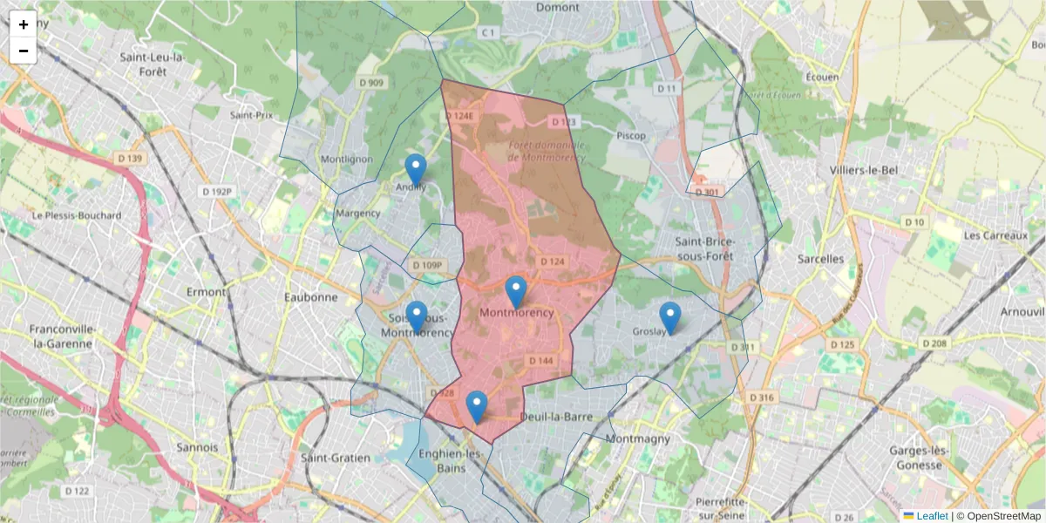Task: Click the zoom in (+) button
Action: pos(24,24)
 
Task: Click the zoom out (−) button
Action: pos(24,51)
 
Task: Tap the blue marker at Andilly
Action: pos(416,169)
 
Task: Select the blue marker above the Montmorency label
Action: pos(516,291)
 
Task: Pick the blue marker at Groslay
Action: pos(669,317)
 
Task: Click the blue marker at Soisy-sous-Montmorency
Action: pos(417,316)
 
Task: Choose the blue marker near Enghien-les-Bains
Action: pos(476,406)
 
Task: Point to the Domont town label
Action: pos(558,7)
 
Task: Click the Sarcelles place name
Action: pos(820,259)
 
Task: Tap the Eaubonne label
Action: pos(310,296)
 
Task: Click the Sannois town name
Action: pos(196,447)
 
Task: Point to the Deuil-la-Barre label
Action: pos(556,417)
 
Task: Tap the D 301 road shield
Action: pos(707,192)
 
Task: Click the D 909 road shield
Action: pos(370,83)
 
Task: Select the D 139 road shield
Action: pos(129,158)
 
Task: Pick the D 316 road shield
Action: pos(761,397)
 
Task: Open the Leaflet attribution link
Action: pos(931,516)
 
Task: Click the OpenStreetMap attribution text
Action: pos(1004,516)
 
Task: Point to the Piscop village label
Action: pos(631,136)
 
